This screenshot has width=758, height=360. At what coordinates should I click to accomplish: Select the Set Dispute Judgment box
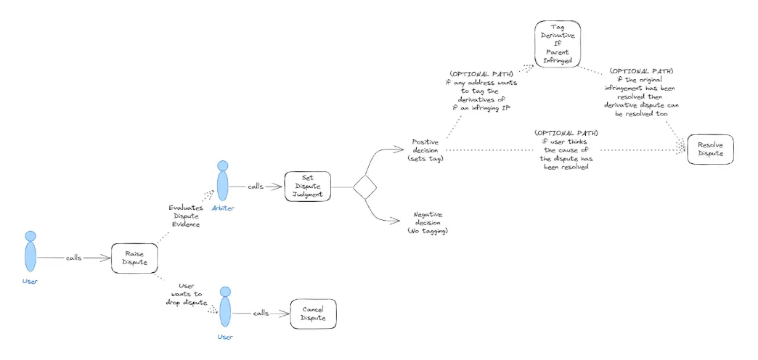307,186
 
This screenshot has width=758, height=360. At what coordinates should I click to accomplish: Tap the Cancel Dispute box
313,314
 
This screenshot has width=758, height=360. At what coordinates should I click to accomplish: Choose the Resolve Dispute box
710,150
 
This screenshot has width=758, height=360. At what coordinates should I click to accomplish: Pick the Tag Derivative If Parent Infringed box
557,44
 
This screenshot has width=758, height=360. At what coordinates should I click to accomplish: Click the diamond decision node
364,187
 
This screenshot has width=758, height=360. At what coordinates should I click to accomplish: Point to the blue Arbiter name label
222,208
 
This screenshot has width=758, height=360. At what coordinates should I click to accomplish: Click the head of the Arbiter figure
222,165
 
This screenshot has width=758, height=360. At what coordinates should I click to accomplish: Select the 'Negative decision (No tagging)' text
428,223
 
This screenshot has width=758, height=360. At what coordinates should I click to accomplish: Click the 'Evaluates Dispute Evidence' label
186,216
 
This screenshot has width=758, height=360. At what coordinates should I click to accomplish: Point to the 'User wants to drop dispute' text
187,294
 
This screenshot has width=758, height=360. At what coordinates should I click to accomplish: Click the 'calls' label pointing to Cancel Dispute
261,314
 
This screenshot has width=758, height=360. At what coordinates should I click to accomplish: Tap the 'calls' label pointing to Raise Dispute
75,258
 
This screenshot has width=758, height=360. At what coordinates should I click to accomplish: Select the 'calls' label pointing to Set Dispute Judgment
256,186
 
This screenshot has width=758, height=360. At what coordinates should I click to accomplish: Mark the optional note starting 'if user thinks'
566,150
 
